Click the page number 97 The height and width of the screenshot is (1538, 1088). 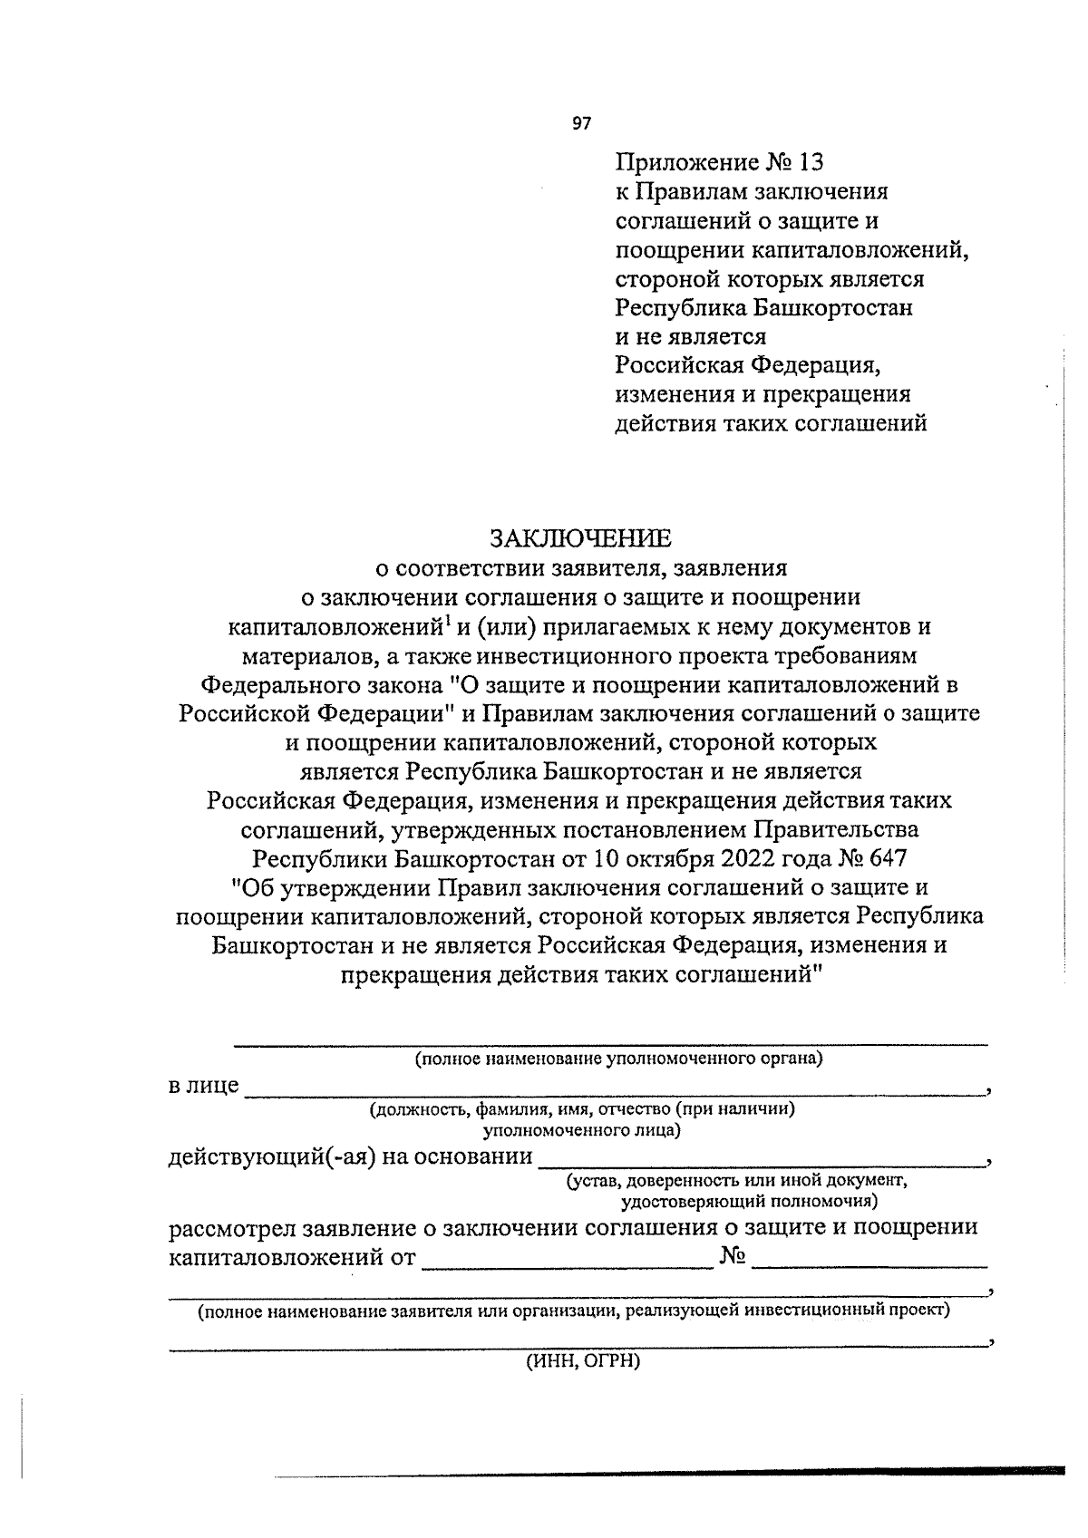point(582,124)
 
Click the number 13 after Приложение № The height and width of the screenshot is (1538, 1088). point(812,163)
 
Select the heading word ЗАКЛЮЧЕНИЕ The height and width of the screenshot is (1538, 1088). point(581,539)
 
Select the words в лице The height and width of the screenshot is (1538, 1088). point(204,1085)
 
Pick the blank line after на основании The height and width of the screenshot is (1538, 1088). point(762,1163)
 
